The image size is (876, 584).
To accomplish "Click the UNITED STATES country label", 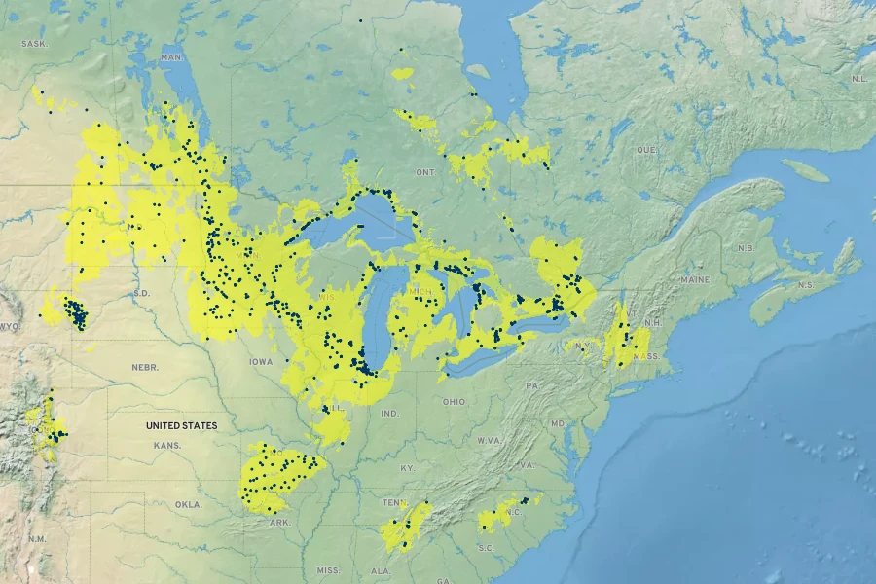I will (x=181, y=425).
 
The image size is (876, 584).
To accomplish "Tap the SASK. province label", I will (x=34, y=44).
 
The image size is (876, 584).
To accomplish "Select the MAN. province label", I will (x=171, y=57).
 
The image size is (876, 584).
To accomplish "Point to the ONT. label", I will (x=425, y=171).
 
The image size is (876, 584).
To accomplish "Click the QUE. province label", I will (x=646, y=150).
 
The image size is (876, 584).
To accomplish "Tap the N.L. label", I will (x=859, y=78).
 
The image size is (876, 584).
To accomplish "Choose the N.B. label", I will (x=747, y=247).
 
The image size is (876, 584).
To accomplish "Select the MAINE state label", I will (x=696, y=279).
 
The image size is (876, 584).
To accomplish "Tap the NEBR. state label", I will (x=145, y=367).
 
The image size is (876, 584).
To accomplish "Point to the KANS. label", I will (x=166, y=445).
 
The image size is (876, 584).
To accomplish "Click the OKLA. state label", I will (x=188, y=505).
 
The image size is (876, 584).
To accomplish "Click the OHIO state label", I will (x=454, y=401).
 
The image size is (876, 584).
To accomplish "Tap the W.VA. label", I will (x=487, y=441).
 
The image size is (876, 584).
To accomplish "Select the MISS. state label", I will (x=328, y=570).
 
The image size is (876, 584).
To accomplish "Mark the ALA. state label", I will (x=381, y=571).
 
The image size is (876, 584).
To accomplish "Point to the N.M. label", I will (x=36, y=538).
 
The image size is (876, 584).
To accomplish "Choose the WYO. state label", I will (x=10, y=326).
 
